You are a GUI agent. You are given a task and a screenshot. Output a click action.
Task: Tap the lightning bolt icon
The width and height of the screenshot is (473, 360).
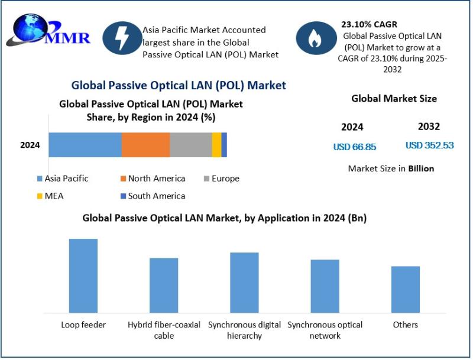122,37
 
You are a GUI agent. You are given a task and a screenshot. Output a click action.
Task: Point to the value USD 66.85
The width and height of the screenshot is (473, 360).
355,147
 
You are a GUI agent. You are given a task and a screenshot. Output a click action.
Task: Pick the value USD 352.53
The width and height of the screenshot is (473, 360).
429,145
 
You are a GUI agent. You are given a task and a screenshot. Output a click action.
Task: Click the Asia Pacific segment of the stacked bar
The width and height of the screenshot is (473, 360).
85,145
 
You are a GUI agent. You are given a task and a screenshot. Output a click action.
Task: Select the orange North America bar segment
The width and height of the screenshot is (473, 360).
145,145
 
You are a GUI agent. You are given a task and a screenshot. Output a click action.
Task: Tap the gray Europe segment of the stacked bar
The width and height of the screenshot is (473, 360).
190,145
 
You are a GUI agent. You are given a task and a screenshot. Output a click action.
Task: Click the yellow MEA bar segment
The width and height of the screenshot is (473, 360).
216,145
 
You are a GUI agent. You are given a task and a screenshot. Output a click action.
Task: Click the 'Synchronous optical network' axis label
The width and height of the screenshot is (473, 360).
325,330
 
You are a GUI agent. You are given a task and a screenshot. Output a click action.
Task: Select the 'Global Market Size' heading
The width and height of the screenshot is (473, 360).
394,99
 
